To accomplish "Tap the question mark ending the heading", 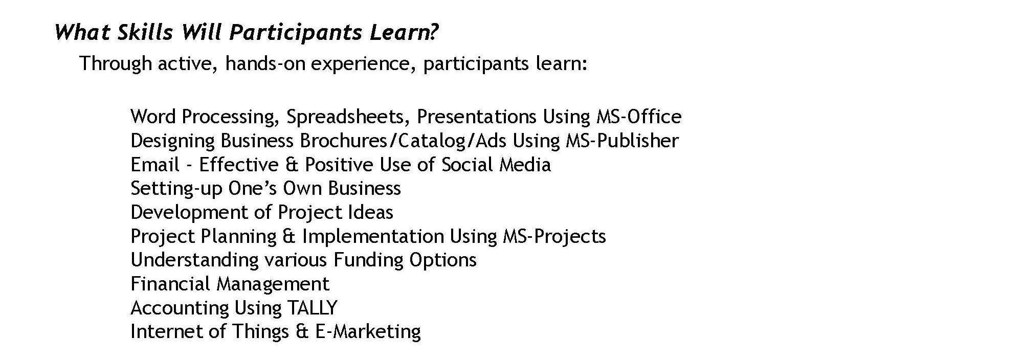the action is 433,32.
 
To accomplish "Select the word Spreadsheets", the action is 348,117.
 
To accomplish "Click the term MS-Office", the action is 639,117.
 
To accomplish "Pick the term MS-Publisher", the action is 622,141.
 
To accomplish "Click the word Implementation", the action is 373,237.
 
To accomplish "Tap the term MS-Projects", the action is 554,237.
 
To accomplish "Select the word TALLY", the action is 312,308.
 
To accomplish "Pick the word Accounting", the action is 180,308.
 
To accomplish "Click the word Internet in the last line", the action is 165,331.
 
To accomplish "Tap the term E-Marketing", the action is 368,332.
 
